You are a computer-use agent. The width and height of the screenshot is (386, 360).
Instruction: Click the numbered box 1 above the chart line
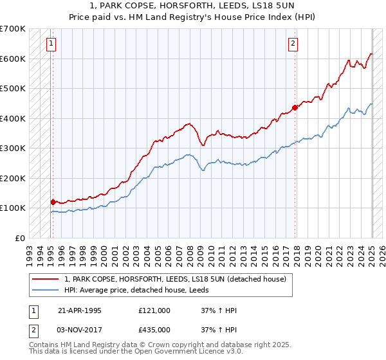pyautogui.click(x=51, y=44)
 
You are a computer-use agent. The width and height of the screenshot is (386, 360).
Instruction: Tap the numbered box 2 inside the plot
pyautogui.click(x=293, y=44)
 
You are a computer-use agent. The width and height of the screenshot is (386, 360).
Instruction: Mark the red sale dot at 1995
pyautogui.click(x=53, y=202)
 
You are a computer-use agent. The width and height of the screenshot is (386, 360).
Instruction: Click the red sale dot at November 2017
pyautogui.click(x=295, y=108)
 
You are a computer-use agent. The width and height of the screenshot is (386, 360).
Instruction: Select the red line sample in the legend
pyautogui.click(x=46, y=279)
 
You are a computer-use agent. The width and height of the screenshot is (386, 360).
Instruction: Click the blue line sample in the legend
pyautogui.click(x=46, y=290)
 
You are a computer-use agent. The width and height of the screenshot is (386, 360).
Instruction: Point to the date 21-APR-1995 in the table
pyautogui.click(x=80, y=310)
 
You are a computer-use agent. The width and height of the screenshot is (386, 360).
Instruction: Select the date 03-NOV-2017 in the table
pyautogui.click(x=80, y=329)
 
